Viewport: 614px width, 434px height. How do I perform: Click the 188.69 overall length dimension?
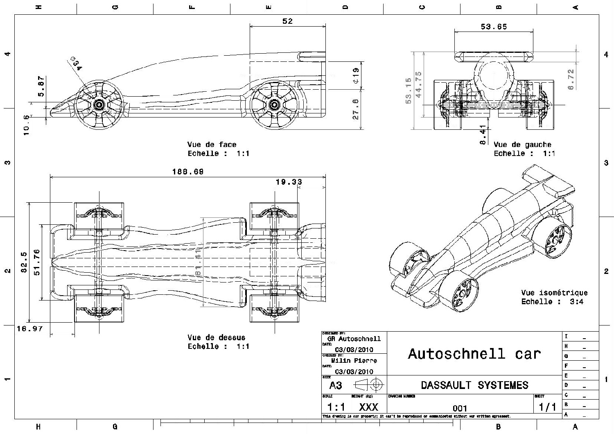[x=187, y=172]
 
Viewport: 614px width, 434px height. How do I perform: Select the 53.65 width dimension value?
[x=494, y=27]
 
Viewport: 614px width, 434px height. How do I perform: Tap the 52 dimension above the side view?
[x=288, y=21]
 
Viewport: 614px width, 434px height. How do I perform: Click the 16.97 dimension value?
[x=29, y=328]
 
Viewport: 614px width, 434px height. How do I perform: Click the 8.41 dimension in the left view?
[x=483, y=135]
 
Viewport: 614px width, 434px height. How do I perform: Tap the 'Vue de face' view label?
[x=212, y=145]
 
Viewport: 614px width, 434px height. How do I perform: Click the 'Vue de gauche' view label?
[x=522, y=145]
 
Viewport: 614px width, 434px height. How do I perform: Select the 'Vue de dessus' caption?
[x=216, y=338]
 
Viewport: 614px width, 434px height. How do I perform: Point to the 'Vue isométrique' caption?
[x=554, y=293]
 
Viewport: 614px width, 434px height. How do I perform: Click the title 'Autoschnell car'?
[x=474, y=354]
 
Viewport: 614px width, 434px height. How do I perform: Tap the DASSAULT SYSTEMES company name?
[x=474, y=385]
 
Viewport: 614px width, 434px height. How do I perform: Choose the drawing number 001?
[x=460, y=408]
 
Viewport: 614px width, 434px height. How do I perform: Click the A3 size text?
[x=335, y=386]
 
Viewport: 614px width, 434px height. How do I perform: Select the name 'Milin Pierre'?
[x=354, y=361]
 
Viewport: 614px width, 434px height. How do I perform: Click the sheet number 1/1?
[x=547, y=407]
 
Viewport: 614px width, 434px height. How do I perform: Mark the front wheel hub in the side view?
[x=99, y=104]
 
